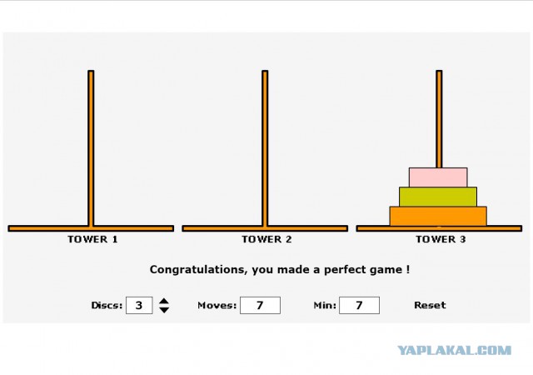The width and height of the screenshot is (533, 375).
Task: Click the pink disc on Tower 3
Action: (438, 177)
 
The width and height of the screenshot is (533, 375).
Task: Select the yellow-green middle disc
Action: (438, 197)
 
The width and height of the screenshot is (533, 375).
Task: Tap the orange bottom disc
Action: (438, 216)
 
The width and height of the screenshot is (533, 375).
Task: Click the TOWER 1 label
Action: (92, 239)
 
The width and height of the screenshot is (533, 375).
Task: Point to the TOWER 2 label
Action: (266, 239)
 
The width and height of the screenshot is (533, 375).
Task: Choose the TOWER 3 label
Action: (441, 239)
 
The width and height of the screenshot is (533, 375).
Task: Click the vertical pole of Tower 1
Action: (91, 148)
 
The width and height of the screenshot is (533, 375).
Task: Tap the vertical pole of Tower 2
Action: (265, 148)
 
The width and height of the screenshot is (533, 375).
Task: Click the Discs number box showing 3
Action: (139, 305)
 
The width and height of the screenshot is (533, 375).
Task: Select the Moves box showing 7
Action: (260, 305)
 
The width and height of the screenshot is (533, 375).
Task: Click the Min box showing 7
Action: (359, 305)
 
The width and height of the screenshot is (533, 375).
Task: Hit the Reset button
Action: (430, 305)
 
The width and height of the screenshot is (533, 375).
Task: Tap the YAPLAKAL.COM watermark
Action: (455, 350)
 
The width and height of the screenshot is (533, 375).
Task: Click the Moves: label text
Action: (217, 305)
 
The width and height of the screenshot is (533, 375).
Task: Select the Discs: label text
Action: (107, 305)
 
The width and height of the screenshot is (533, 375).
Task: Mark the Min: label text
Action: (325, 305)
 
